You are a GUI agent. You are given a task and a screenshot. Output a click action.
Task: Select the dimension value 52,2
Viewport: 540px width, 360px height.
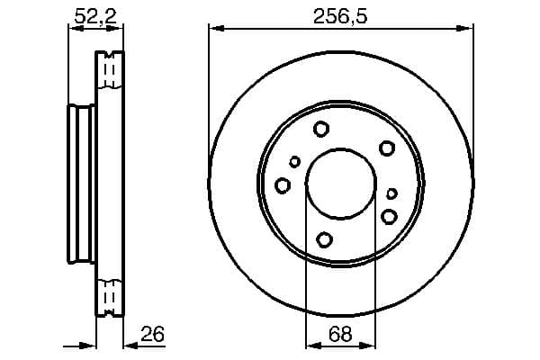tap(94, 14)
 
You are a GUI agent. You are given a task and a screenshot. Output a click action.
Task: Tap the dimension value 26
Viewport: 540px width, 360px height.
tap(154, 335)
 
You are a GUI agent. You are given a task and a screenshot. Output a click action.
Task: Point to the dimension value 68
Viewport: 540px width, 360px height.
tap(339, 335)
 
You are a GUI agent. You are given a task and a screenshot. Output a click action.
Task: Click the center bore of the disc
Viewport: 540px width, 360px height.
tap(339, 183)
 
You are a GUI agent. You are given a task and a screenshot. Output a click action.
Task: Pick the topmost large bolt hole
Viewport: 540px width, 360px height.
tap(321, 130)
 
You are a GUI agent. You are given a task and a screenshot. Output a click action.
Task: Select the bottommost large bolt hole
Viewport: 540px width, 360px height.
tap(325, 239)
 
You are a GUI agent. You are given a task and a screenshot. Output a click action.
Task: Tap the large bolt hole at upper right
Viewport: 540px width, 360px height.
tap(386, 148)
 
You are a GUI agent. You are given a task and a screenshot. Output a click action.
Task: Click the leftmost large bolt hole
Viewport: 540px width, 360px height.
tap(283, 185)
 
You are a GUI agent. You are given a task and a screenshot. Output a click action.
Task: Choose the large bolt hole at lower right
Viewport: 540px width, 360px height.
tap(389, 216)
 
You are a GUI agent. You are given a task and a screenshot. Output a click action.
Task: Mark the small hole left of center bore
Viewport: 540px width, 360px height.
tap(294, 162)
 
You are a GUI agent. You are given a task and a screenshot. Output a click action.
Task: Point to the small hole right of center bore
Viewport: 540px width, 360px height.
tap(391, 193)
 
